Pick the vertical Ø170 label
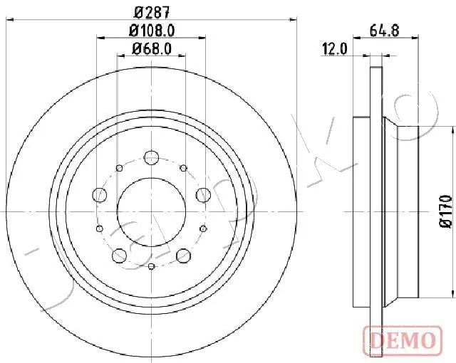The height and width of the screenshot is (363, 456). (445, 211)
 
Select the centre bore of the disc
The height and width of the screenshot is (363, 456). (151, 211)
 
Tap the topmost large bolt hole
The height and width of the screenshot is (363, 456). (151, 157)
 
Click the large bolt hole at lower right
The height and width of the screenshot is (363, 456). (183, 255)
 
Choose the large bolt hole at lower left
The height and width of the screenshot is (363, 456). (120, 255)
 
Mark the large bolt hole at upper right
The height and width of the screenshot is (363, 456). (203, 194)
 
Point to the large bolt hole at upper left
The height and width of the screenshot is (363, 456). (100, 194)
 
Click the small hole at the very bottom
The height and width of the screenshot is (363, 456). (151, 266)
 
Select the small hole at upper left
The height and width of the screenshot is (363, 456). (118, 168)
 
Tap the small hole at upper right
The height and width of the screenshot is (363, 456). (184, 168)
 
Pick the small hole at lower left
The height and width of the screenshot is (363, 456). (99, 228)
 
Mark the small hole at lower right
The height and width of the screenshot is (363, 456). (204, 228)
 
